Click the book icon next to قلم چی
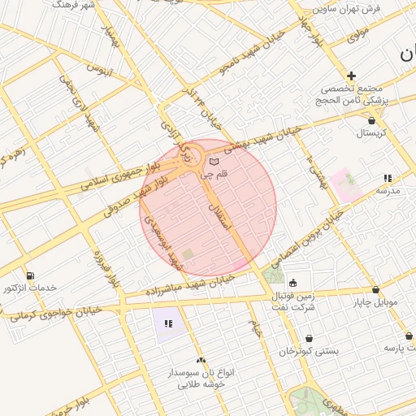[x=214, y=162]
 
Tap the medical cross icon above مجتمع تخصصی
[x=351, y=76]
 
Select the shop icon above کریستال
[x=371, y=119]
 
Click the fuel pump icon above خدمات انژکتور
[x=31, y=275]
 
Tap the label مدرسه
[x=387, y=189]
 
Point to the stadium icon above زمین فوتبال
[x=292, y=284]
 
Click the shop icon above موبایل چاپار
[x=375, y=290]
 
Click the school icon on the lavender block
[x=168, y=323]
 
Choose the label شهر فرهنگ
[x=73, y=5]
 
